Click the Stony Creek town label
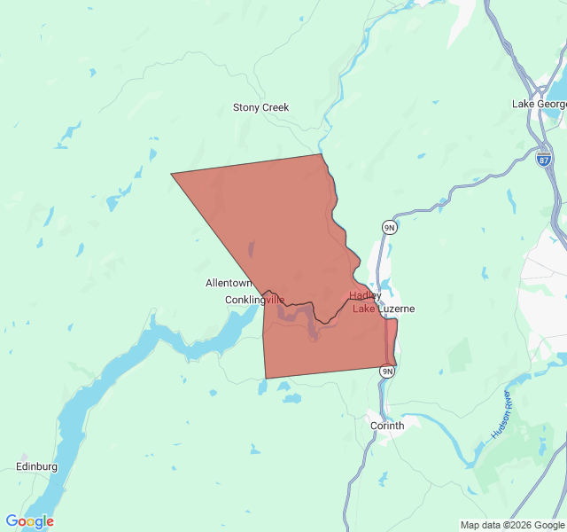tap(260, 107)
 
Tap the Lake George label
tap(539, 104)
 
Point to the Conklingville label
tap(254, 300)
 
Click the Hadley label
tap(365, 295)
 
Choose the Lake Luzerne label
tap(384, 309)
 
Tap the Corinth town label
tap(386, 426)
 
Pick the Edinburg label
tap(36, 466)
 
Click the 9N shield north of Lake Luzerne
tap(389, 228)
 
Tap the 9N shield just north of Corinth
tap(386, 371)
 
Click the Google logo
tap(29, 521)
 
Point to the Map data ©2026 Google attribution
tap(512, 525)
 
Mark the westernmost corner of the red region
tap(172, 174)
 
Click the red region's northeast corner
tap(322, 155)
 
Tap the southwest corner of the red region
tap(266, 378)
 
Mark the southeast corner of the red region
tap(394, 364)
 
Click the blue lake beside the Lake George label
tap(556, 89)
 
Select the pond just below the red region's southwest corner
tap(262, 387)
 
